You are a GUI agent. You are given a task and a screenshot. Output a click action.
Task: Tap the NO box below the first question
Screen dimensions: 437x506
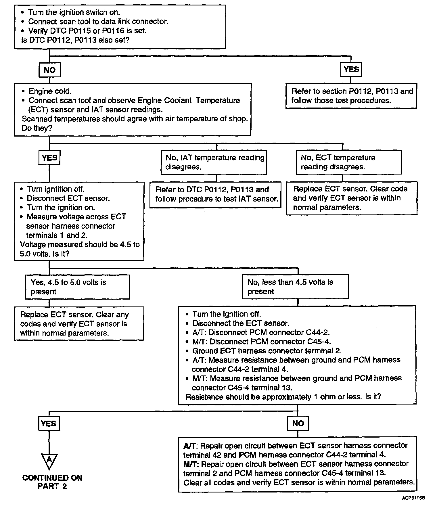[x=49, y=70]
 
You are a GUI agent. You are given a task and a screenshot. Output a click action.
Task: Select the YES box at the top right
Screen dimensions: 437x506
[x=351, y=69]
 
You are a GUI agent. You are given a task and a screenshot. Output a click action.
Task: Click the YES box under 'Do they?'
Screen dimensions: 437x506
[x=49, y=158]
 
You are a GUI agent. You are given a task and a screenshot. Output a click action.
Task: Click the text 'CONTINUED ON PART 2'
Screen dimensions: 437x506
[x=52, y=482]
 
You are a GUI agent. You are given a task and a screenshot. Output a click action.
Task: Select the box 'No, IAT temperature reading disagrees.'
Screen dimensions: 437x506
[x=214, y=162]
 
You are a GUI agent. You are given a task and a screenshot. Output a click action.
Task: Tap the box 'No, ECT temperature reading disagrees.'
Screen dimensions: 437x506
[x=349, y=162]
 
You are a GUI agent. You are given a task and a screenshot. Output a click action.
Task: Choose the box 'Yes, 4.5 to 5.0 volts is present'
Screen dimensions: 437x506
[x=78, y=287]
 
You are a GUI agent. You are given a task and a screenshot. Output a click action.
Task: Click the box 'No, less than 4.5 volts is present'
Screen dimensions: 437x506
[x=295, y=287]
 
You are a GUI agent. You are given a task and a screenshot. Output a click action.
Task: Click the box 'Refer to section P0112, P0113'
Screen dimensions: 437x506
[x=351, y=96]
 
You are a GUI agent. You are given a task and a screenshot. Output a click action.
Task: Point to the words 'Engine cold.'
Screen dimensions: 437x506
[x=50, y=91]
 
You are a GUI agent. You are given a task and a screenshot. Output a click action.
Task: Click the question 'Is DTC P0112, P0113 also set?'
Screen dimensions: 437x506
[x=75, y=40]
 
